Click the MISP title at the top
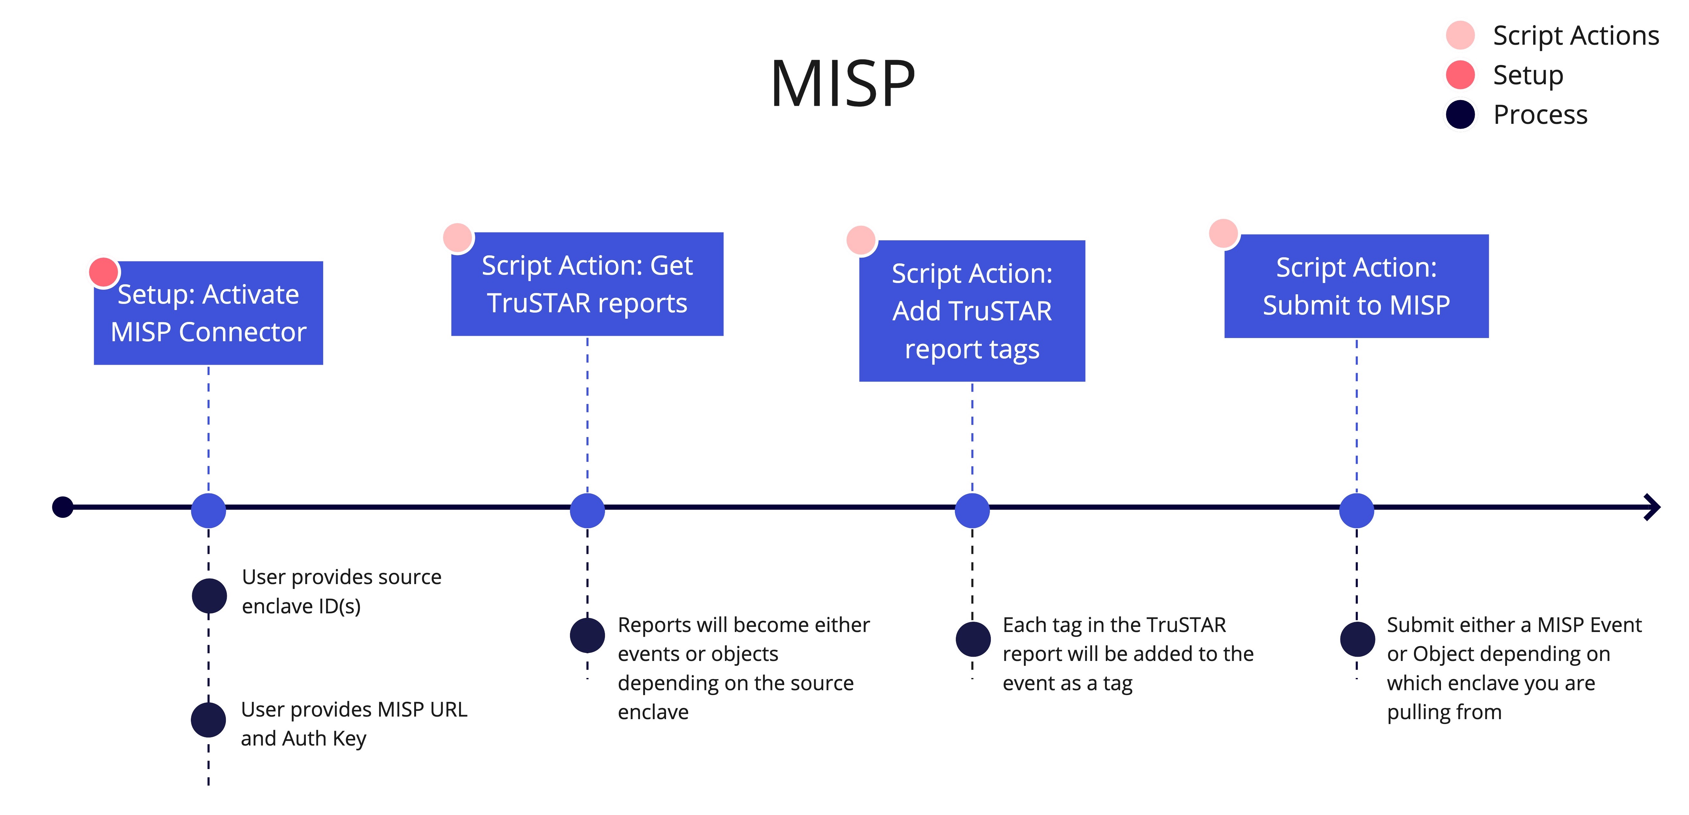pos(842,84)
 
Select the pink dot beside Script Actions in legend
pos(1460,35)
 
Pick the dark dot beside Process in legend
pos(1460,115)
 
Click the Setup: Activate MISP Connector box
pos(209,313)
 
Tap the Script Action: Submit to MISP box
pos(1356,286)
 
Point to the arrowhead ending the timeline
pos(1652,507)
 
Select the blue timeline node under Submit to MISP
pos(1356,510)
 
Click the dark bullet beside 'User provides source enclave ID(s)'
pos(209,596)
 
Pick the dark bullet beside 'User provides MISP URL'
pos(209,720)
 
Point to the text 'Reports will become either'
pos(743,625)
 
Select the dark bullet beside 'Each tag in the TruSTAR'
pos(973,639)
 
